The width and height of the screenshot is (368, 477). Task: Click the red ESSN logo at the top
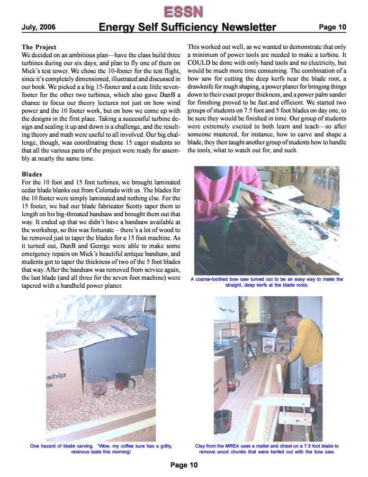point(183,11)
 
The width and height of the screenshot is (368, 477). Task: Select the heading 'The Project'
point(39,47)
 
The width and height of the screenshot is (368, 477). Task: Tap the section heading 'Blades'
point(32,174)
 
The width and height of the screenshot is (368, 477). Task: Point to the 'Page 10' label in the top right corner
point(332,27)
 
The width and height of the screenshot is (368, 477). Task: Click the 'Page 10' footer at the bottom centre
point(184,465)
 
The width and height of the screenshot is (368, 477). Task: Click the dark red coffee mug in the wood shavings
point(124,381)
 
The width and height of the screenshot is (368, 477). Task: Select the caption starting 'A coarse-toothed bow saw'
point(267,282)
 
